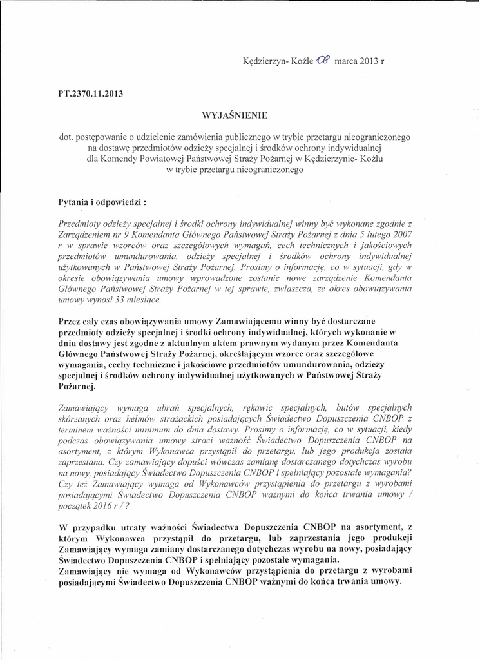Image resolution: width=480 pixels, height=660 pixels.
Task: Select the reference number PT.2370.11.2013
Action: [90, 93]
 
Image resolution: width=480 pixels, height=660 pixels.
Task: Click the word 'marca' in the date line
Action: [347, 63]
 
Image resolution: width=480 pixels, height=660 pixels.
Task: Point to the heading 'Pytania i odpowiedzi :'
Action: [102, 202]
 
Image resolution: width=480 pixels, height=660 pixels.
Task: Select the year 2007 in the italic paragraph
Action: [401, 235]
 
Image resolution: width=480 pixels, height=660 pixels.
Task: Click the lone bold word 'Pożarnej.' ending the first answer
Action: [77, 386]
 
